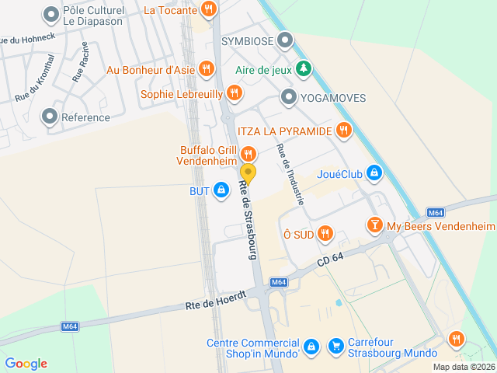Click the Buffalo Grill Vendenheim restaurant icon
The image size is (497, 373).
pos(248,153)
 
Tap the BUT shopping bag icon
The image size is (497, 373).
pos(222,190)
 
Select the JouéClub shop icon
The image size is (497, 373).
pos(374,173)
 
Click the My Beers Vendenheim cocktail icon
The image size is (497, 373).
pos(375,225)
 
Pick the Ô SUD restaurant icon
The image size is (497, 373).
pos(325,232)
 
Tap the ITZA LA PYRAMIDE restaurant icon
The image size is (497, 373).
pos(344,130)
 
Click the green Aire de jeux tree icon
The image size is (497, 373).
pos(304,69)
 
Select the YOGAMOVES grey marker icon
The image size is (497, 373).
pos(289,97)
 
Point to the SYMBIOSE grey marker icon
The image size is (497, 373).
pos(286,39)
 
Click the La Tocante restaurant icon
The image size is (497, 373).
pos(207,10)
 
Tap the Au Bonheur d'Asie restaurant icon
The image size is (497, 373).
pos(206,69)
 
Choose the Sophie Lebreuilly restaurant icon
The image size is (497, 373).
pos(234,94)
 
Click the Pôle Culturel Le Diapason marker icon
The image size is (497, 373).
pos(51,14)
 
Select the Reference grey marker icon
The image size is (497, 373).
pos(50,117)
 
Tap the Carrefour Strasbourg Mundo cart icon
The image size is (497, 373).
pos(336,344)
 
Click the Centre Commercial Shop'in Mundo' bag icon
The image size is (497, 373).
pos(311,345)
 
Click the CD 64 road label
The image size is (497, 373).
pos(330,261)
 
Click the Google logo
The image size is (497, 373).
pos(26,364)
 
